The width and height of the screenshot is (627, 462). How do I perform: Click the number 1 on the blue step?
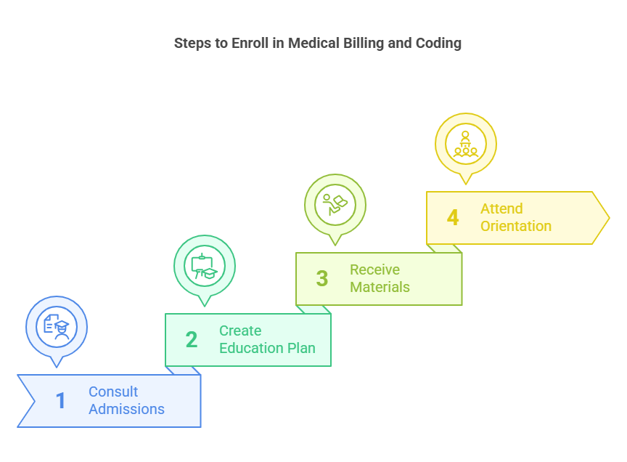[61, 400]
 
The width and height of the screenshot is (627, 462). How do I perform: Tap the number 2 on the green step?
[192, 339]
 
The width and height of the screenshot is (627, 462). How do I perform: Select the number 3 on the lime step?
[322, 278]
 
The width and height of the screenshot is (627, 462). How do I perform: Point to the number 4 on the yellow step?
[453, 217]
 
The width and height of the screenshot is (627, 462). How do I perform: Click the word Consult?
[113, 392]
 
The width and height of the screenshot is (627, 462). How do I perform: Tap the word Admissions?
[126, 409]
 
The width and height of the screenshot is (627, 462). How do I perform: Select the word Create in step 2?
[240, 331]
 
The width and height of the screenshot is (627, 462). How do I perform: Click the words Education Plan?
[267, 348]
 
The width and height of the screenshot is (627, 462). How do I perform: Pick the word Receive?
[374, 269]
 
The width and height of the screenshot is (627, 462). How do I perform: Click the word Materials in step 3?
[380, 287]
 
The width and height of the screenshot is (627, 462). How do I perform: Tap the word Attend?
[501, 208]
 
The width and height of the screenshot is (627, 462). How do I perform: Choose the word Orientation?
[515, 226]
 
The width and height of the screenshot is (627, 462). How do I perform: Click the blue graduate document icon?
[57, 326]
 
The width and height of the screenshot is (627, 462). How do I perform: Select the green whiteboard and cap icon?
[205, 265]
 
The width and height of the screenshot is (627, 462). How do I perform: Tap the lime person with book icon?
[335, 204]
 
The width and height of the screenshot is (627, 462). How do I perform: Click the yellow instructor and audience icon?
[466, 142]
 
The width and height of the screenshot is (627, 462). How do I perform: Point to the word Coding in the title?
[438, 43]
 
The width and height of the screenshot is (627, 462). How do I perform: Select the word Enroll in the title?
[248, 43]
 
